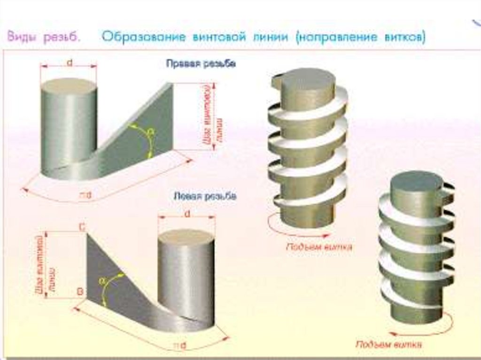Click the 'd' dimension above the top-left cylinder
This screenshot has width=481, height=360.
click(70, 62)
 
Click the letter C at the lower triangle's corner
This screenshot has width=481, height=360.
click(82, 228)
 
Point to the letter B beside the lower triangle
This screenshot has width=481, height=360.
click(80, 292)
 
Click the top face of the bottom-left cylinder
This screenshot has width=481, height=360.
click(186, 236)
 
